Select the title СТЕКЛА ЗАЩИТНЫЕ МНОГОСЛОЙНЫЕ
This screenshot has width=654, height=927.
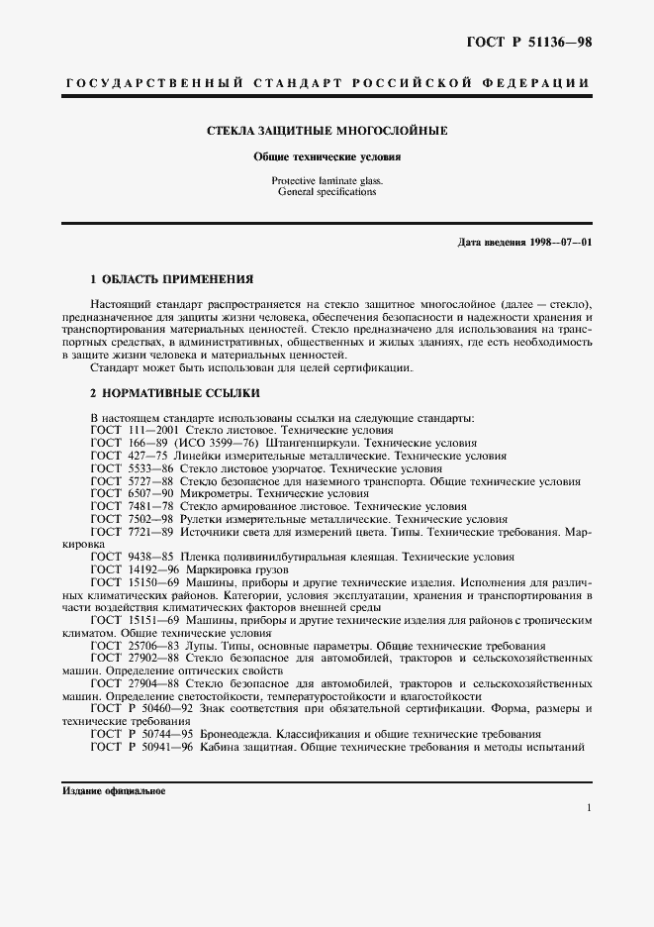[x=327, y=130]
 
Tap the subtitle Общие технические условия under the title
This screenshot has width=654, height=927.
[x=327, y=156]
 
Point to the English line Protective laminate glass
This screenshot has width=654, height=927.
[x=327, y=181]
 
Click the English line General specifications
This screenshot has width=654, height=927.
[x=327, y=192]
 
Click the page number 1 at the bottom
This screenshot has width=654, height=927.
[x=589, y=809]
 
